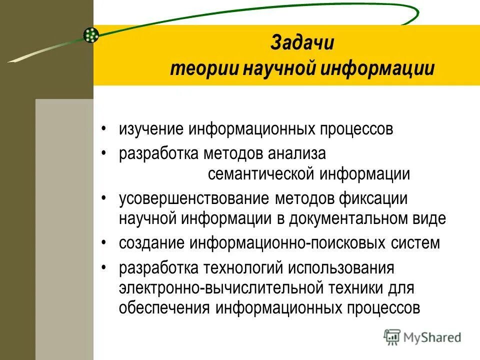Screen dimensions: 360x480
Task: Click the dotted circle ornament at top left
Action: tap(91, 34)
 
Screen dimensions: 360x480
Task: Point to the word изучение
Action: tap(151, 129)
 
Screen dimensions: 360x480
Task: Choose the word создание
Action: tap(151, 243)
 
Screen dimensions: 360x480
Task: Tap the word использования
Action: tap(341, 268)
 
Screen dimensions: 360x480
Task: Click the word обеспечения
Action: tap(164, 308)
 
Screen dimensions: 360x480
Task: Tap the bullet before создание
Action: tap(103, 243)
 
